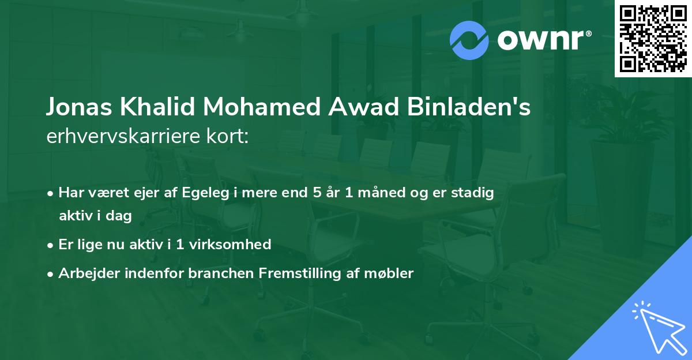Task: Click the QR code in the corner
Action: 653,39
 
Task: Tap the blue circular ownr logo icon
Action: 469,40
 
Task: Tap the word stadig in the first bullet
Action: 474,193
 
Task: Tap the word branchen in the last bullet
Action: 213,273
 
